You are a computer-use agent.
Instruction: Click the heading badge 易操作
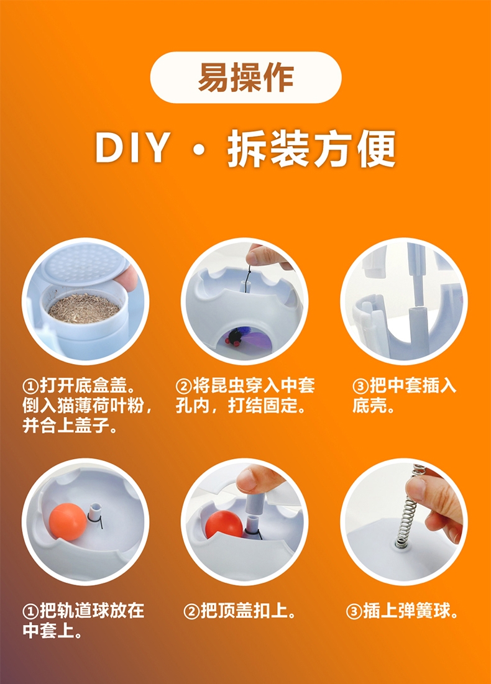pyautogui.click(x=245, y=78)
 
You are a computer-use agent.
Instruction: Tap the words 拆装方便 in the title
pyautogui.click(x=311, y=148)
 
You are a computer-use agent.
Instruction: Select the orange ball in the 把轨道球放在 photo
pyautogui.click(x=68, y=522)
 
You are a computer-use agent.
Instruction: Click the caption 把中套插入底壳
pyautogui.click(x=404, y=396)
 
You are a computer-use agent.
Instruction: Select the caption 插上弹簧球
pyautogui.click(x=402, y=611)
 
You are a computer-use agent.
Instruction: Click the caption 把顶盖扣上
pyautogui.click(x=240, y=611)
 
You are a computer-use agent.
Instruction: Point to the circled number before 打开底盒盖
pyautogui.click(x=30, y=386)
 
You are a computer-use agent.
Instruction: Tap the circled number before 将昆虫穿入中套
pyautogui.click(x=183, y=386)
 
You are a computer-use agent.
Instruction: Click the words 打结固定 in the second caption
pyautogui.click(x=262, y=406)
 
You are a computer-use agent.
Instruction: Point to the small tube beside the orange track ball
pyautogui.click(x=94, y=512)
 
